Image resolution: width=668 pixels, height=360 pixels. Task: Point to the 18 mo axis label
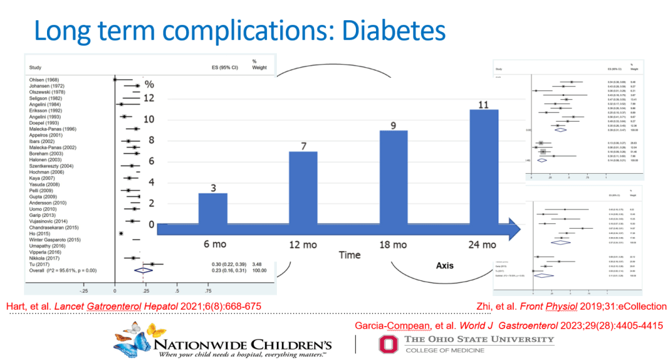[x=392, y=244]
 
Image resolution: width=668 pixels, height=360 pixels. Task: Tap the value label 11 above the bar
[x=483, y=104]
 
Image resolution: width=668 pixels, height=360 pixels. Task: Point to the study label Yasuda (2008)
[x=41, y=184]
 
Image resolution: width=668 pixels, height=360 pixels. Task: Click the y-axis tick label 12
[x=149, y=98]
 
